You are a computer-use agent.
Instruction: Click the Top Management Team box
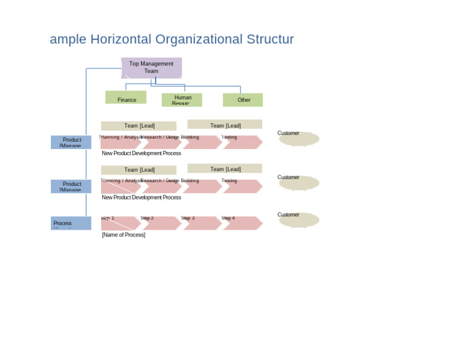[x=151, y=67]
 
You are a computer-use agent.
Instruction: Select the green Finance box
[x=126, y=98]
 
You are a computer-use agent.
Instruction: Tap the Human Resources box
[x=182, y=100]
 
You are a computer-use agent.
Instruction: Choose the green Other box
[x=243, y=100]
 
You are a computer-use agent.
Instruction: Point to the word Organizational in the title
[x=199, y=39]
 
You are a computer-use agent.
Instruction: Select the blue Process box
[x=71, y=223]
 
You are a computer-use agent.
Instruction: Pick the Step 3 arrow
[x=202, y=224]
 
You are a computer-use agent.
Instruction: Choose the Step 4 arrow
[x=242, y=224]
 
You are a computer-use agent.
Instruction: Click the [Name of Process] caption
[x=124, y=235]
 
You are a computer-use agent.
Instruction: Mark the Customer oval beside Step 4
[x=299, y=220]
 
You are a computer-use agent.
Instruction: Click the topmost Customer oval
[x=299, y=139]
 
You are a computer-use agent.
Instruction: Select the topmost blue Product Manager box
[x=71, y=142]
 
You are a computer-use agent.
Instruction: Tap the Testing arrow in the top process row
[x=242, y=142]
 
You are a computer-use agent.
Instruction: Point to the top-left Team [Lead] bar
[x=139, y=126]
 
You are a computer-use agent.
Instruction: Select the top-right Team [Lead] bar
[x=225, y=125]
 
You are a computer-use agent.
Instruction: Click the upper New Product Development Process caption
[x=141, y=153]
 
